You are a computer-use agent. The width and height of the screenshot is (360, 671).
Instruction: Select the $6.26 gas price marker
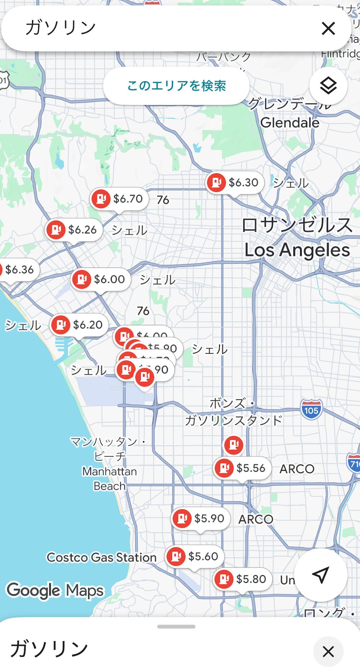point(74,230)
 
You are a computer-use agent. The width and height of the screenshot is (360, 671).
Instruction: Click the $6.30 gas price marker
point(235,183)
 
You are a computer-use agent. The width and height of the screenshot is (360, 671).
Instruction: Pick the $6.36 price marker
point(18,269)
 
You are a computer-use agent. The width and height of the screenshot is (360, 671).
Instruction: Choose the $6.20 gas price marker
point(79,325)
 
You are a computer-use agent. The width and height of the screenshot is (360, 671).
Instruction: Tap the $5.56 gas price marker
point(242,468)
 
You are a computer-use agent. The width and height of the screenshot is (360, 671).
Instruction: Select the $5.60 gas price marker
point(194,556)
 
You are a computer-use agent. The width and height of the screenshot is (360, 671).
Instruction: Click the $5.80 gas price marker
point(242,579)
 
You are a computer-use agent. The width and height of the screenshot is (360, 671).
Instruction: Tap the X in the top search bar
point(328,28)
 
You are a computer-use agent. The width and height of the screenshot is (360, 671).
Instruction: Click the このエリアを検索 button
point(176,86)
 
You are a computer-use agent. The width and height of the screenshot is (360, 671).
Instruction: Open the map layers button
point(328,86)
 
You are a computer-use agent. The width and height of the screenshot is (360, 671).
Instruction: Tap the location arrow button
point(320,575)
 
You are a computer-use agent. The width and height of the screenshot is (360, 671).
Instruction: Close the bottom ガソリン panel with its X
point(328,652)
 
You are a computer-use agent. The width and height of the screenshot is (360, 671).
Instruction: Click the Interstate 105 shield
point(311,410)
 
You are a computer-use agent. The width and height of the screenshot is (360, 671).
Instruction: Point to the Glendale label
point(290,123)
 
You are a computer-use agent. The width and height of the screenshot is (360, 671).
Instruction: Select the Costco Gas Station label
point(102,558)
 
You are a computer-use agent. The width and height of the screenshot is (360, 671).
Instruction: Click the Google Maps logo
point(55,591)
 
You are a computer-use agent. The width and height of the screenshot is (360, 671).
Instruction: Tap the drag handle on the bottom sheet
point(176,627)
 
